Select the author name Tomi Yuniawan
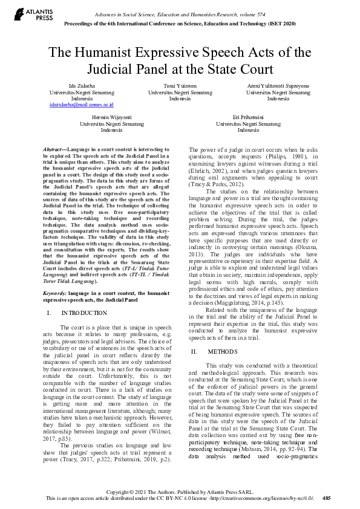click(x=180, y=86)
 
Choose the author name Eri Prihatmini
click(x=248, y=117)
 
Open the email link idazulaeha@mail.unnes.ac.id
click(x=82, y=105)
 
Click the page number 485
click(x=326, y=498)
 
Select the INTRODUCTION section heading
click(x=84, y=313)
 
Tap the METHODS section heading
click(x=218, y=351)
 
